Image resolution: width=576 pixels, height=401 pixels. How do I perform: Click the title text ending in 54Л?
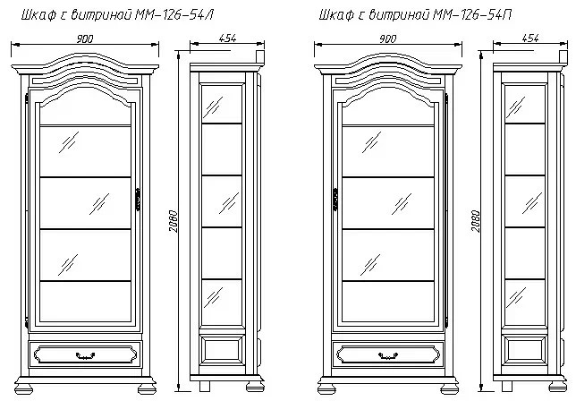click(x=117, y=14)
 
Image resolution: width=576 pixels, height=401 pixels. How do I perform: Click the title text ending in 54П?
click(x=415, y=14)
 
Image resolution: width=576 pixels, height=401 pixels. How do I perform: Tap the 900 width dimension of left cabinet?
click(x=85, y=38)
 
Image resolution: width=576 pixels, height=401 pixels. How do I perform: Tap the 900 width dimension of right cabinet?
click(x=387, y=38)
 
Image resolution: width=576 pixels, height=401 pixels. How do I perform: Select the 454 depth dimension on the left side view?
click(x=227, y=38)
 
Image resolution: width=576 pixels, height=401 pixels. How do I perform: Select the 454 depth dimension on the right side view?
click(x=530, y=38)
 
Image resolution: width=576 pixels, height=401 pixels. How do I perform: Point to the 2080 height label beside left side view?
click(x=174, y=221)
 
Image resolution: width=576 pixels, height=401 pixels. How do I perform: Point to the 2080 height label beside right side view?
click(x=476, y=221)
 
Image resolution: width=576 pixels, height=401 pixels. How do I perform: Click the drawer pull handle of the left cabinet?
click(x=85, y=355)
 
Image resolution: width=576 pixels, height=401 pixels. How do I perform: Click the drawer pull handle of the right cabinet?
click(x=388, y=355)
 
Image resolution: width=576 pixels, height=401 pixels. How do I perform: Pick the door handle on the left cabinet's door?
click(x=138, y=200)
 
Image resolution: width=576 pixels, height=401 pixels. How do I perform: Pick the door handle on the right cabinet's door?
click(x=335, y=200)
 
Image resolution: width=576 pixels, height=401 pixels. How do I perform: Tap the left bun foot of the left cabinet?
click(x=24, y=388)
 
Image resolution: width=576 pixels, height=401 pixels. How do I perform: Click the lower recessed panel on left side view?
click(x=222, y=350)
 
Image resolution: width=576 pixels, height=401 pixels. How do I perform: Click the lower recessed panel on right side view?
click(x=525, y=350)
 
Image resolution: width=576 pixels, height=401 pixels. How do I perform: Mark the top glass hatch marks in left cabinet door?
click(x=69, y=142)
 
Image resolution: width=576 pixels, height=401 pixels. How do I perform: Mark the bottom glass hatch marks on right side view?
click(x=516, y=298)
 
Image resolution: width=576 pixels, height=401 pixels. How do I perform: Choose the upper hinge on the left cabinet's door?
click(x=27, y=98)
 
